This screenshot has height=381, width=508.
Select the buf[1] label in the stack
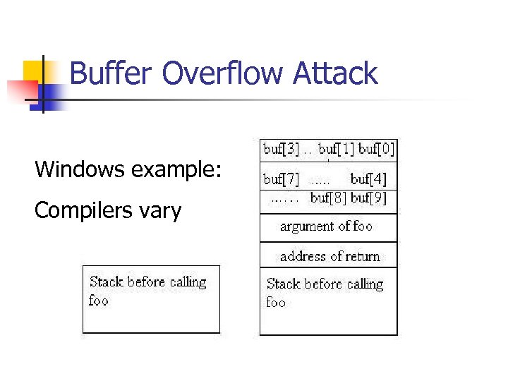(337, 149)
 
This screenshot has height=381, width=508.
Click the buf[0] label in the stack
(377, 149)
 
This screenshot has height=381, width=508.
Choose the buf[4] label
(368, 179)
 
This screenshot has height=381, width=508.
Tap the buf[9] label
(370, 198)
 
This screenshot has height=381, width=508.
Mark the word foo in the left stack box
(98, 301)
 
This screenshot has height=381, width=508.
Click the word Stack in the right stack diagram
(282, 284)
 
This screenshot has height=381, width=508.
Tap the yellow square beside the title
(34, 71)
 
